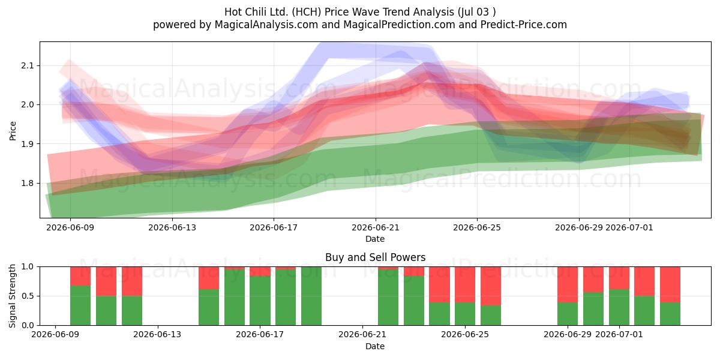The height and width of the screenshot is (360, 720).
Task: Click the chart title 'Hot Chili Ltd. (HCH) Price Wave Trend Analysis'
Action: [x=339, y=12]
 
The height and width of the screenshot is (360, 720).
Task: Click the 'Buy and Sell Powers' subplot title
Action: [x=375, y=257]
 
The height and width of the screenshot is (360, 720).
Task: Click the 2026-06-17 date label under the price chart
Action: [x=274, y=227]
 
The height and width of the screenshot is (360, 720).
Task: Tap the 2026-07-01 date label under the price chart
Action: [x=629, y=227]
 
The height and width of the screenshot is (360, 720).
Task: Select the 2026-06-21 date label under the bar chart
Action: [x=362, y=334]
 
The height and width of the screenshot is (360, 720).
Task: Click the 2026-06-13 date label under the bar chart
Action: [x=157, y=334]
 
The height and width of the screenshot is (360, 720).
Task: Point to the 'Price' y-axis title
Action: [x=13, y=131]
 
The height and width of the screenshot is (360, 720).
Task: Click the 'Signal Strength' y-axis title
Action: [x=13, y=296]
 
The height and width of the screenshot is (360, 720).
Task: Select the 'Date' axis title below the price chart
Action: [x=375, y=239]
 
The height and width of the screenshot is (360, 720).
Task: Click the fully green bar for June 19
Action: [x=311, y=296]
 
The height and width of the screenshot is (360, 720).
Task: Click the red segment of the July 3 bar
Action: [x=670, y=284]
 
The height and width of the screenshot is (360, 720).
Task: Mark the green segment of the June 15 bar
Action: [x=209, y=307]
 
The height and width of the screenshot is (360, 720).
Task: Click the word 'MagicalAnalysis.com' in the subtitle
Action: [x=266, y=25]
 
